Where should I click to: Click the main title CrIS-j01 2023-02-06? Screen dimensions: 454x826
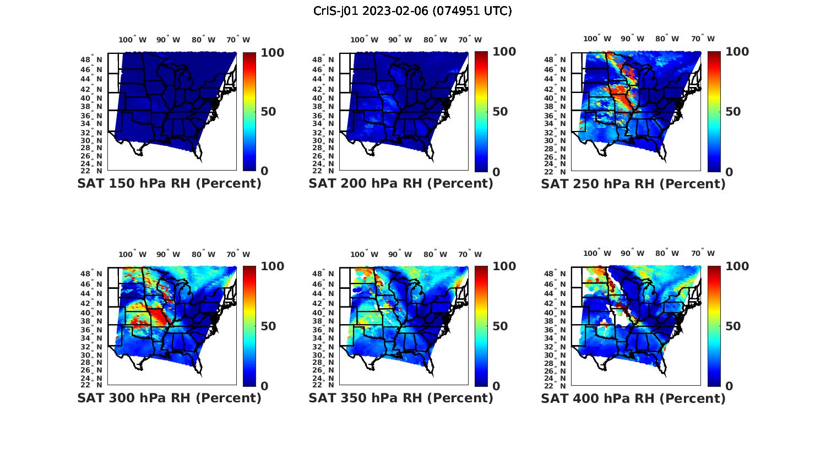(x=412, y=11)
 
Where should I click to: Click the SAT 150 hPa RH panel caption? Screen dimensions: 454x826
(x=169, y=184)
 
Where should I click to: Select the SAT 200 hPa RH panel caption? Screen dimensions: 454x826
(x=401, y=184)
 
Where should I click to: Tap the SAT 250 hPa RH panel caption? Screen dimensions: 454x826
(x=633, y=184)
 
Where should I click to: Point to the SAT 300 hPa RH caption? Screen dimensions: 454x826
(x=169, y=398)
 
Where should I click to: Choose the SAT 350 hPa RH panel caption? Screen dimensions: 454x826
(x=401, y=398)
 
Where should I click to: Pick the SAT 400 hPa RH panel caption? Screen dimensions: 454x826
(x=633, y=398)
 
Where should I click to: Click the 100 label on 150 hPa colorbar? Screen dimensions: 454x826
(x=272, y=52)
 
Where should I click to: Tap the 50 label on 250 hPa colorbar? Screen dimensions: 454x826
(x=733, y=112)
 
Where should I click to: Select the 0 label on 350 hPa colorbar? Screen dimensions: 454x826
(x=496, y=386)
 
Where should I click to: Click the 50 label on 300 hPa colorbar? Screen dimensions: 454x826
(x=268, y=326)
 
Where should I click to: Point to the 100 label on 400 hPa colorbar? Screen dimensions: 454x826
(x=737, y=266)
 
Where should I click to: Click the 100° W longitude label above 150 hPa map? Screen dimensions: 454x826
(x=133, y=40)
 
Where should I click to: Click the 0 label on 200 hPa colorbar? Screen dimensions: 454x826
(x=496, y=172)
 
